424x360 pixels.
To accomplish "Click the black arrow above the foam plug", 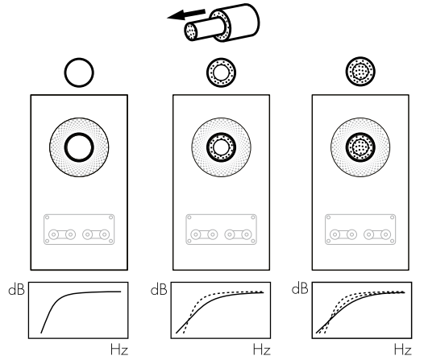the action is (186, 14).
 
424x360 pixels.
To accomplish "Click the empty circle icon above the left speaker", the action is (79, 59).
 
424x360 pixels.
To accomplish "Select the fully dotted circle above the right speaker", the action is (360, 72).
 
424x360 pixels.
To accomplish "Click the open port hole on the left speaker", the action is (79, 134).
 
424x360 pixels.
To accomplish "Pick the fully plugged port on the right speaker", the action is (360, 147).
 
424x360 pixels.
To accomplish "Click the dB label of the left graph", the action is (16, 289).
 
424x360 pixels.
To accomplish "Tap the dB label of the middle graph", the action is (159, 289).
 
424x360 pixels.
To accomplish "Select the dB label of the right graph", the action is (300, 288).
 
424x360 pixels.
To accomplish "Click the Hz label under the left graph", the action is (119, 350).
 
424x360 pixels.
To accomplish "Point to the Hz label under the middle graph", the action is (261, 350).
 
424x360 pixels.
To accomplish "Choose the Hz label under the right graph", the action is (402, 350).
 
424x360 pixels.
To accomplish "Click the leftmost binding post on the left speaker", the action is (54, 234).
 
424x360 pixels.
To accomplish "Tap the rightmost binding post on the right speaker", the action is (385, 234).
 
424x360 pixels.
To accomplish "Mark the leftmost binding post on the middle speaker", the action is (196, 234).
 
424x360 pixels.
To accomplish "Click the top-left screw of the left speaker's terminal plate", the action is (47, 217).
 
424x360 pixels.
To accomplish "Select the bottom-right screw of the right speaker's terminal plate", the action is (393, 241).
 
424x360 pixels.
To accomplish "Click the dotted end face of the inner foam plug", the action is (191, 31).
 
